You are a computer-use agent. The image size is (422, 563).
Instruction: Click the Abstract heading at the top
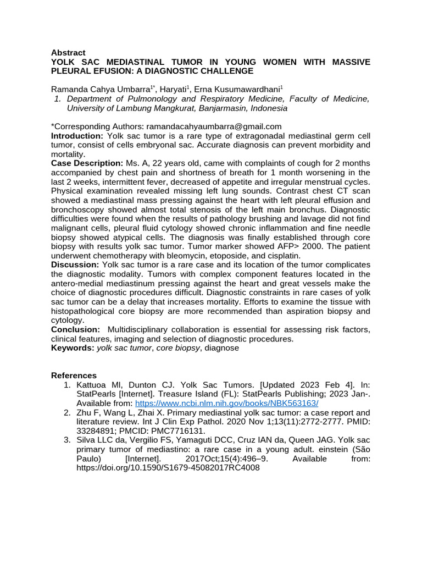coord(68,53)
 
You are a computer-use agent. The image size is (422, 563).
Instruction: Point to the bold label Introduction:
coord(77,136)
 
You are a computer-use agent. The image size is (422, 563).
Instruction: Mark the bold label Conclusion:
coord(76,329)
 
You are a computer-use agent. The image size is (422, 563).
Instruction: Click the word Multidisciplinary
coord(142,329)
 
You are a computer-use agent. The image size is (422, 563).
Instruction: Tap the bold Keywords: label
coord(73,348)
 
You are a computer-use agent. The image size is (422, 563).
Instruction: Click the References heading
coord(74,376)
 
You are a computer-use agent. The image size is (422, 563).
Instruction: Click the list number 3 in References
coord(66,440)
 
